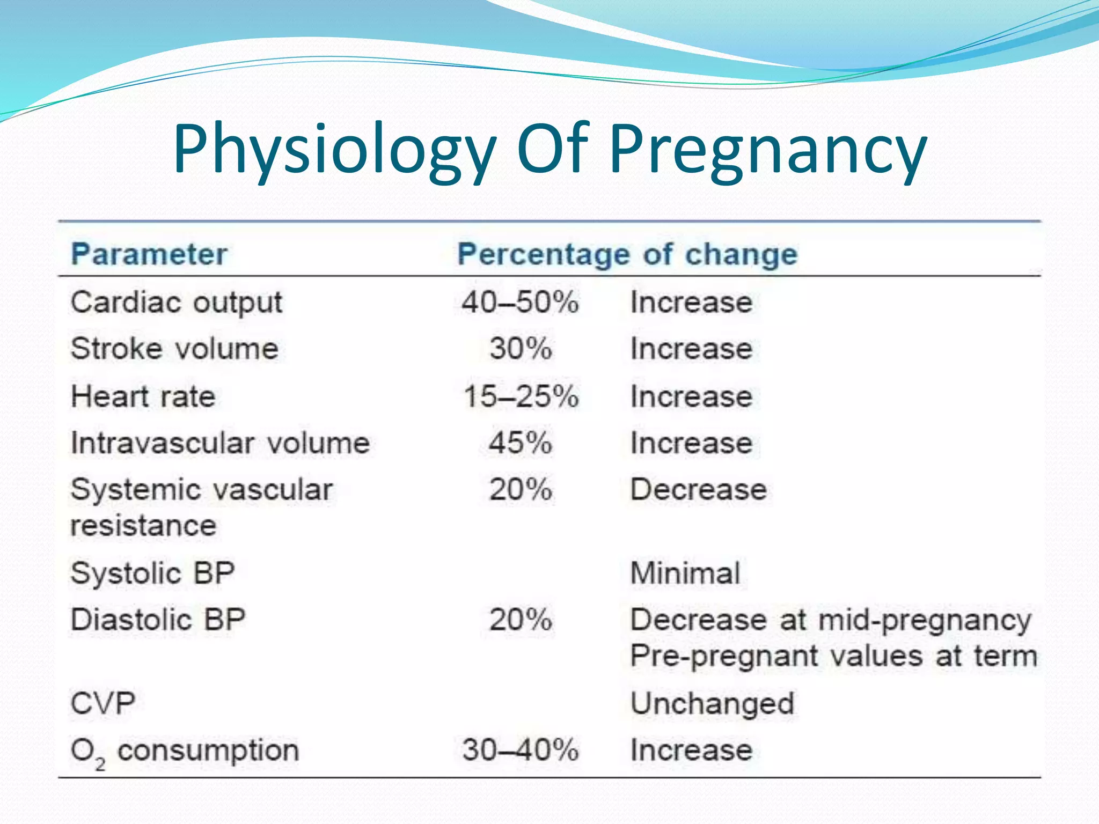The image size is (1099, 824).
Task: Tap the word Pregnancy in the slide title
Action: pos(768,150)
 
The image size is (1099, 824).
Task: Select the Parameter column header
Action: pos(149,254)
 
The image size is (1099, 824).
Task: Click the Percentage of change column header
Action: pos(627,254)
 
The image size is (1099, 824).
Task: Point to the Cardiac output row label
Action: pos(176,303)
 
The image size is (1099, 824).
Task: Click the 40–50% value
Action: pos(520,302)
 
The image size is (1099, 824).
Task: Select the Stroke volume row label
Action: pos(174,349)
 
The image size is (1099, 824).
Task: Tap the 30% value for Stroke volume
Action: pos(520,349)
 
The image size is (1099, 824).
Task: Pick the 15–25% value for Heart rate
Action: pos(521,396)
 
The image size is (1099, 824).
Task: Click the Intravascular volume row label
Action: pos(220,443)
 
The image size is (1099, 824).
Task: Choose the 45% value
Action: pos(520,443)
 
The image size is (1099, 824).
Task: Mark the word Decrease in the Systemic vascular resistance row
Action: pos(698,489)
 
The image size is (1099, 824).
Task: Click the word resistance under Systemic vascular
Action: pos(143,525)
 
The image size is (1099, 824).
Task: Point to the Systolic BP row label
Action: pos(152,573)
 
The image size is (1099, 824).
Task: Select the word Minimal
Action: pos(685,573)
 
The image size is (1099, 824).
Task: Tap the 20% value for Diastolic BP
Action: pos(520,620)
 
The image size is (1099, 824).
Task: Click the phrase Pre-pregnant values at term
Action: pos(833,656)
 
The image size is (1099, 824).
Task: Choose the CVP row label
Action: pos(102,703)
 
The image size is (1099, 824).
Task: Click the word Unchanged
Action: pos(712,703)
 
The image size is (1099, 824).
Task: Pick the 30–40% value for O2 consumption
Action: pos(520,750)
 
